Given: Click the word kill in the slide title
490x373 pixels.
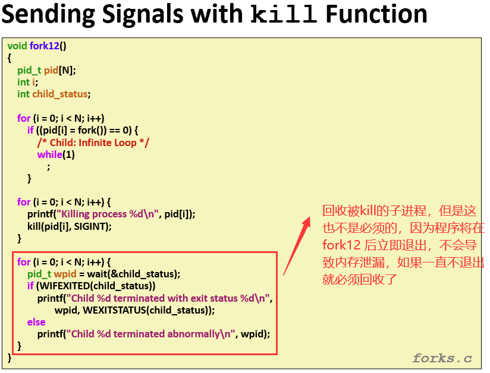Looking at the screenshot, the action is pyautogui.click(x=284, y=14).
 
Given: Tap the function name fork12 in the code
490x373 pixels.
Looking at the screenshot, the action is pyautogui.click(x=45, y=46).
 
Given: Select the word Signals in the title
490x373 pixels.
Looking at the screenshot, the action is pyautogui.click(x=143, y=15).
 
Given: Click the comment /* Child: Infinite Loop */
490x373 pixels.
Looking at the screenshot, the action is pyautogui.click(x=93, y=143).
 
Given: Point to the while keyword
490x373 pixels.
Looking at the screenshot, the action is pyautogui.click(x=50, y=154).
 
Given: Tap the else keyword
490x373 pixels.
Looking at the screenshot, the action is pyautogui.click(x=36, y=322).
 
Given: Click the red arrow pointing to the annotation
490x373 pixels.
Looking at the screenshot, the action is pyautogui.click(x=297, y=246).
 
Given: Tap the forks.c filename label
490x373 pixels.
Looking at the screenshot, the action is pyautogui.click(x=442, y=358).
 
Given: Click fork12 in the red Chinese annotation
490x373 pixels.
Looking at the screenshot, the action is pyautogui.click(x=341, y=245).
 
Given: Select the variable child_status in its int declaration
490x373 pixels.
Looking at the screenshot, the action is pyautogui.click(x=60, y=94).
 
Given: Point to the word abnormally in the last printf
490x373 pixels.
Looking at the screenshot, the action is pyautogui.click(x=194, y=334).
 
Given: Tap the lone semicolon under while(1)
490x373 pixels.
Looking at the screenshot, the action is pyautogui.click(x=48, y=167).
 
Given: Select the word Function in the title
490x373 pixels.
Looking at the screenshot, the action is pyautogui.click(x=376, y=14).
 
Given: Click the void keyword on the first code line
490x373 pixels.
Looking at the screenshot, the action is pyautogui.click(x=17, y=46).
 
